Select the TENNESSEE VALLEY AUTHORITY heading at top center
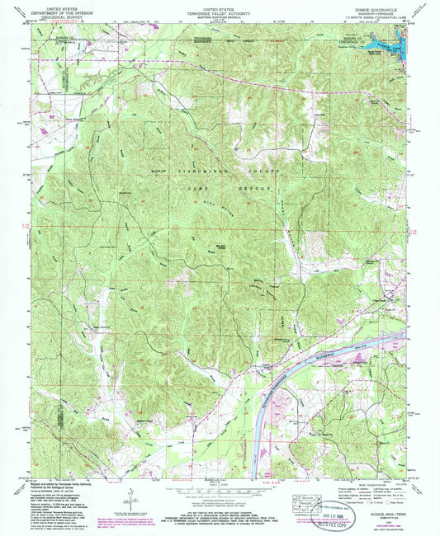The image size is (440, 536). point(219,12)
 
